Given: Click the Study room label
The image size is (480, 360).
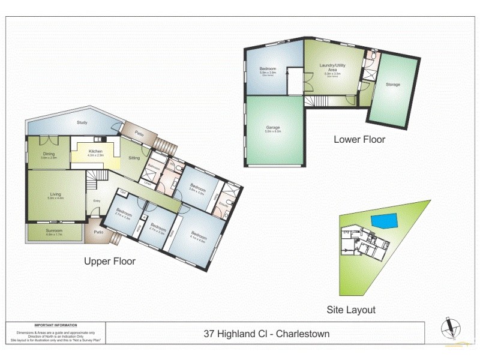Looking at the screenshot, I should click(82, 122).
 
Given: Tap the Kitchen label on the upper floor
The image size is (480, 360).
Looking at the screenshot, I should click(95, 151).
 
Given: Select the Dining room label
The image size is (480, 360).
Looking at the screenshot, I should click(49, 154).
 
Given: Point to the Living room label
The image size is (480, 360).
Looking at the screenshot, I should click(55, 194).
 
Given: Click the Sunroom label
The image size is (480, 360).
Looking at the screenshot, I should click(54, 232).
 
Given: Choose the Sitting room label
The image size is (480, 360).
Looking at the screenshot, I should click(134, 158).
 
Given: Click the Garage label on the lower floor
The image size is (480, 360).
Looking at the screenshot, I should click(273, 128).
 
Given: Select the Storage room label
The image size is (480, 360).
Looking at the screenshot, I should click(393, 85).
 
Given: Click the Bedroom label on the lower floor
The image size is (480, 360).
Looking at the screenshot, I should click(267, 70).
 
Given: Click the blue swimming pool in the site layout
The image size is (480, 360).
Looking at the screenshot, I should click(383, 220).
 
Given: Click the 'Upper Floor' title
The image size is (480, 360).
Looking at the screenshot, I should click(109, 262).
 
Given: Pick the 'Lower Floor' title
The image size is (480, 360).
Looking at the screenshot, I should click(359, 139).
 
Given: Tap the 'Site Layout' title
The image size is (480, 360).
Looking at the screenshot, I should click(351, 310).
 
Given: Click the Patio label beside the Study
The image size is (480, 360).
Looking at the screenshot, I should click(139, 133).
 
